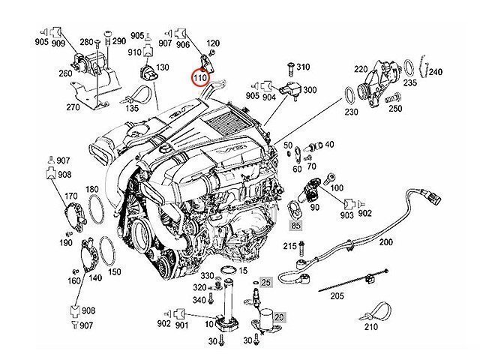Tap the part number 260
[65, 73]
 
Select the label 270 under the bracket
[94, 107]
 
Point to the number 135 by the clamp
[132, 108]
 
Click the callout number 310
[303, 67]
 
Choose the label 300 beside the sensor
[309, 90]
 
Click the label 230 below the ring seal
[350, 112]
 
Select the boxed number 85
[295, 224]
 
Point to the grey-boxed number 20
[277, 317]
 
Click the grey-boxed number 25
[265, 281]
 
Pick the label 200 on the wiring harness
[385, 242]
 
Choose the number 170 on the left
[71, 196]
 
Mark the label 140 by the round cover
[94, 277]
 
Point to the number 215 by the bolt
[290, 246]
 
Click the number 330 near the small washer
[207, 275]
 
